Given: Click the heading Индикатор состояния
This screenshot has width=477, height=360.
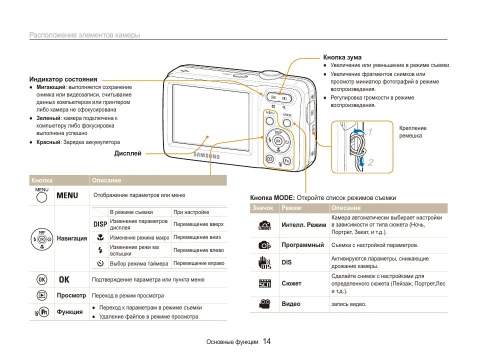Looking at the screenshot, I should (63, 79).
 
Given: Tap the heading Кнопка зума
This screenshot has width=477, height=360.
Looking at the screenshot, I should (342, 57).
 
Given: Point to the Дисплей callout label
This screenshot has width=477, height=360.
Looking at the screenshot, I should (127, 153).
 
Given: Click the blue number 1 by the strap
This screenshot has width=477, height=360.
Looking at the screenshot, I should (370, 132).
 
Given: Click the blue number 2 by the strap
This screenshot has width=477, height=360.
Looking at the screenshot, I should (370, 162).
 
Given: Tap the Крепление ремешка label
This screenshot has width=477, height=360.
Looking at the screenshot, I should (412, 132).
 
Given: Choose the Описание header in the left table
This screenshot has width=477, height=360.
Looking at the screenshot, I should (106, 180).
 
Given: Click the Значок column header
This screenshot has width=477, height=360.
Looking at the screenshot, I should (263, 207).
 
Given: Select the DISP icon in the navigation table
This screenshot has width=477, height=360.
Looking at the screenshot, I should (100, 224).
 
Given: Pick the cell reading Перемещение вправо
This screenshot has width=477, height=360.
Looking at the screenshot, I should (198, 263).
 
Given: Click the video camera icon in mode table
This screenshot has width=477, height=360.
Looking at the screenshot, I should (264, 303).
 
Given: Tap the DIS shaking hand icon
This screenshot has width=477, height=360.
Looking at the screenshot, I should (264, 262).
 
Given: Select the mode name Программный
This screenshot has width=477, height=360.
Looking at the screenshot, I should (302, 245).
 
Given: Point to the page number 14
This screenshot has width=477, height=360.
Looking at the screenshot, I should (266, 341).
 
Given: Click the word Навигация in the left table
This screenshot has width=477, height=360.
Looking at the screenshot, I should (72, 238).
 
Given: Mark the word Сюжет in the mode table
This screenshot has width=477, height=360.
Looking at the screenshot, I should (291, 283).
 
